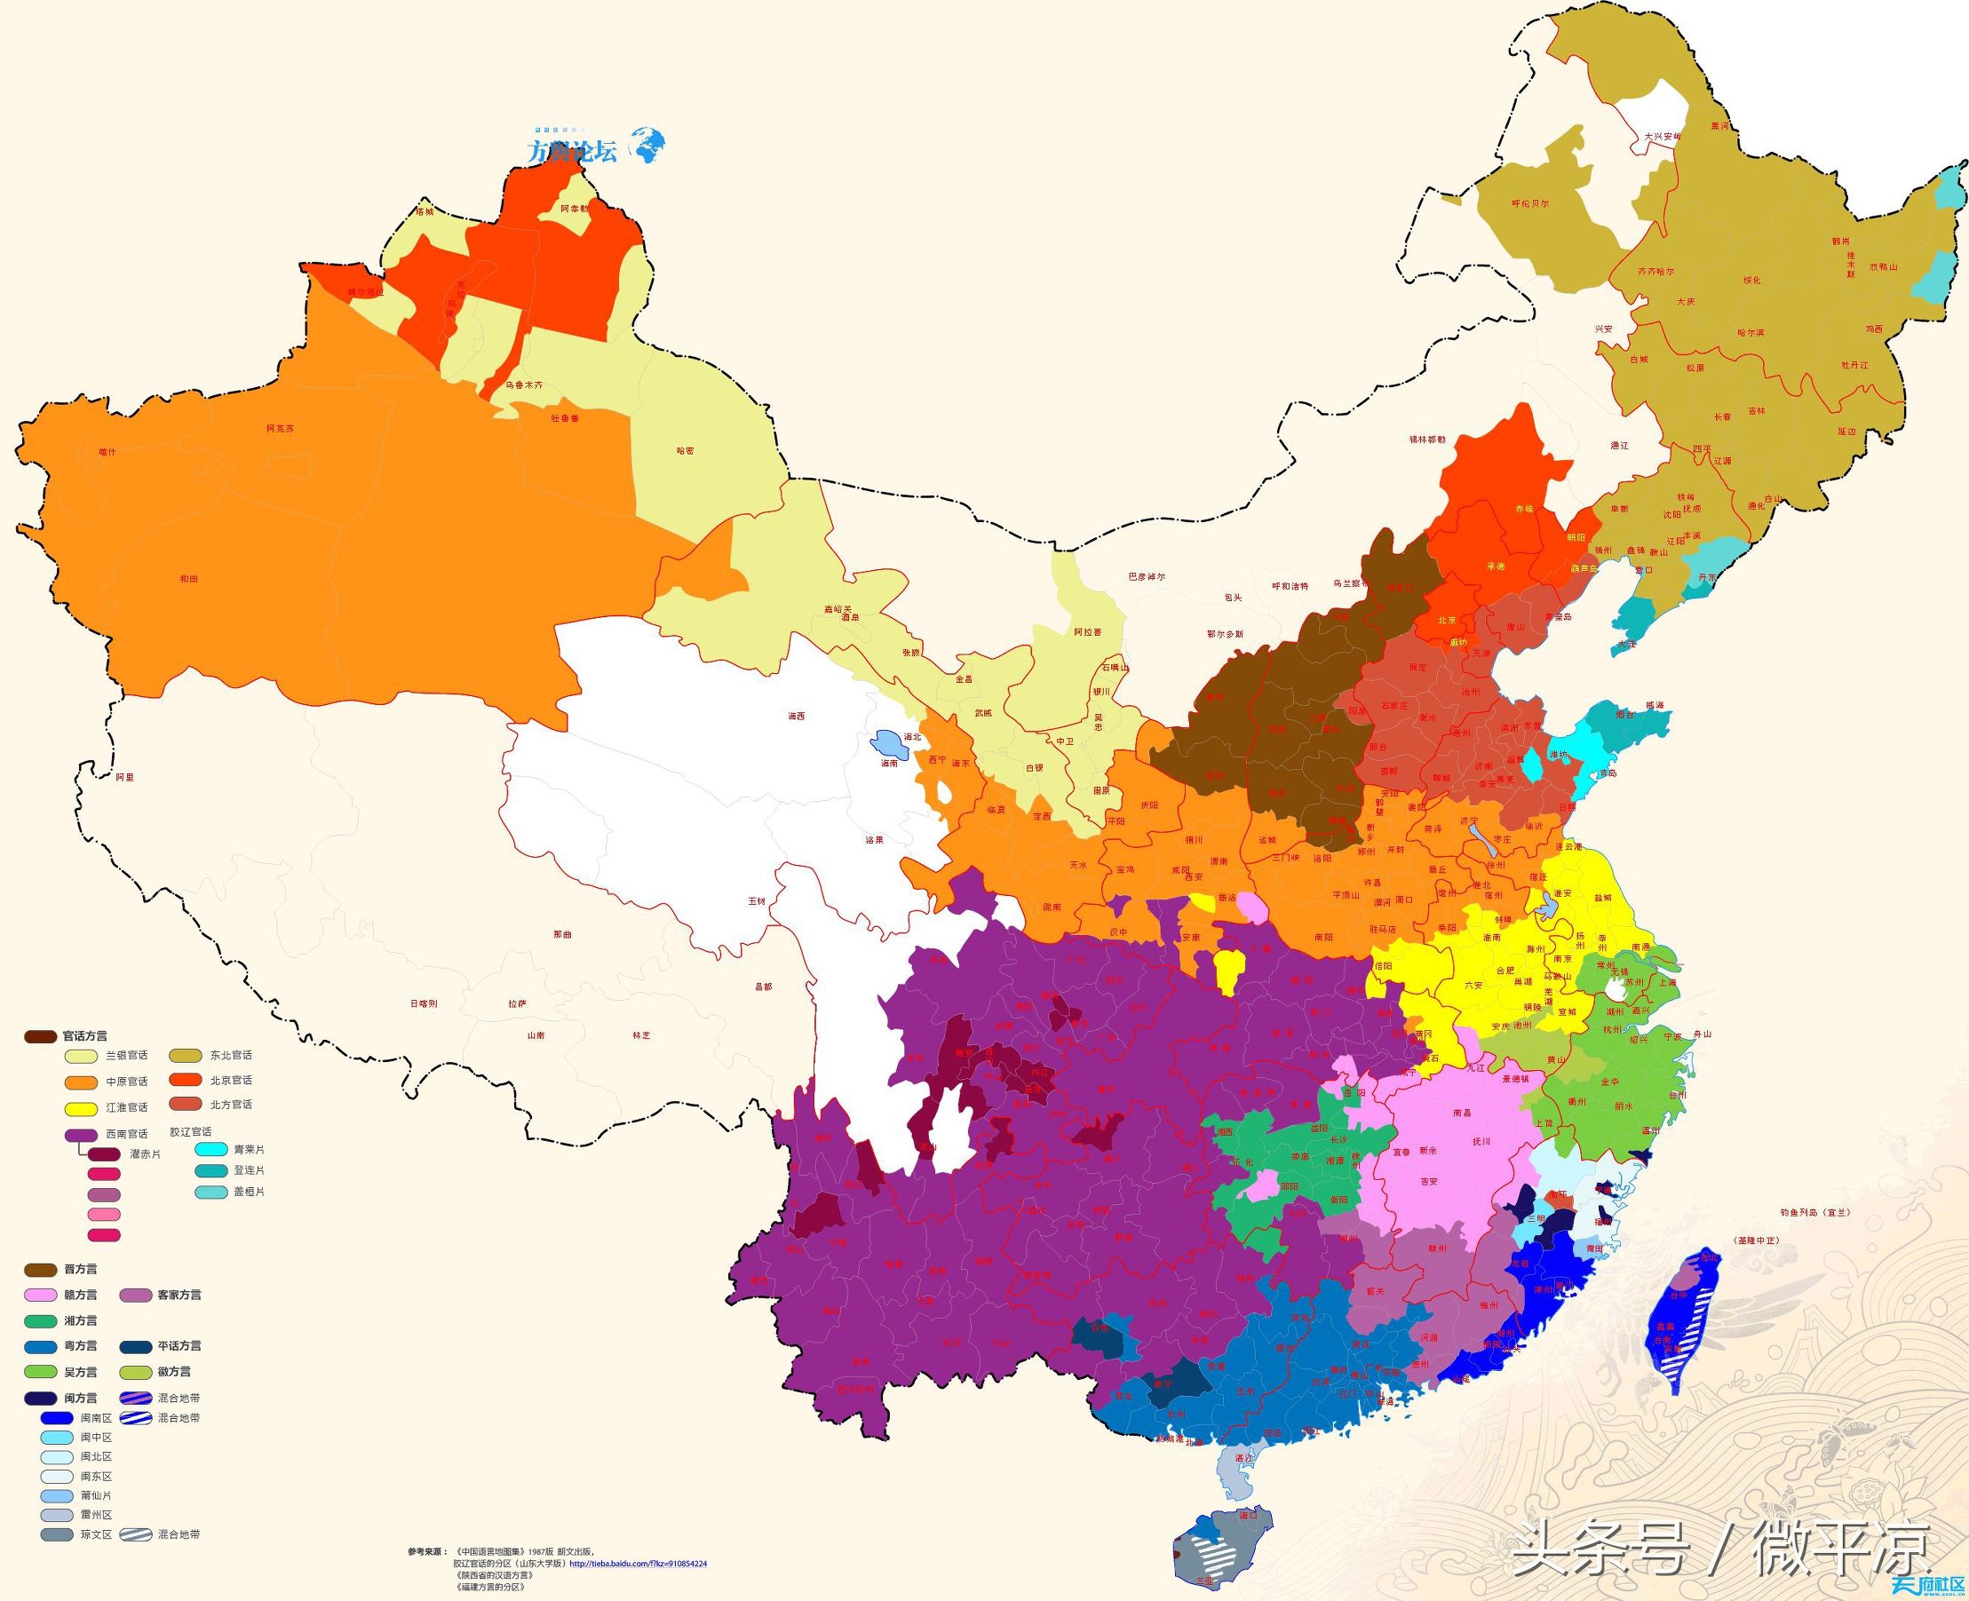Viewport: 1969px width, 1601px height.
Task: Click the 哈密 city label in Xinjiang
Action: pyautogui.click(x=684, y=451)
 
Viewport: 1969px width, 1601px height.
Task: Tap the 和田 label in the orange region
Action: pyautogui.click(x=189, y=578)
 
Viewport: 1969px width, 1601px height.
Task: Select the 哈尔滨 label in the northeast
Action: pyautogui.click(x=1750, y=332)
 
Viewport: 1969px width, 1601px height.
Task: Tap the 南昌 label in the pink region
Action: pyautogui.click(x=1461, y=1113)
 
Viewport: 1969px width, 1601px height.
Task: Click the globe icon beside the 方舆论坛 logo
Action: pyautogui.click(x=648, y=145)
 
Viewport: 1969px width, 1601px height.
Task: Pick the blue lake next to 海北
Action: pyautogui.click(x=885, y=742)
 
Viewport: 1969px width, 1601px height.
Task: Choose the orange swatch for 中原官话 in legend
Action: pyautogui.click(x=81, y=1082)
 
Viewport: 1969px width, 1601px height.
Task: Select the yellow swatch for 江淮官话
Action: pyautogui.click(x=81, y=1107)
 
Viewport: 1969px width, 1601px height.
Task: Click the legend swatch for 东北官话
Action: pyautogui.click(x=186, y=1055)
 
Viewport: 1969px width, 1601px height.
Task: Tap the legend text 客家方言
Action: pyautogui.click(x=178, y=1295)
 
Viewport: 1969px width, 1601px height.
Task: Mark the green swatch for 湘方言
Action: pyautogui.click(x=41, y=1320)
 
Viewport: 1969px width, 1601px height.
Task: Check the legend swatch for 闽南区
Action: pyautogui.click(x=57, y=1417)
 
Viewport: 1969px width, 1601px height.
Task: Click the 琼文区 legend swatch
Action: pyautogui.click(x=57, y=1534)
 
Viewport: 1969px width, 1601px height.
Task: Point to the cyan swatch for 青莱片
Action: pyautogui.click(x=212, y=1149)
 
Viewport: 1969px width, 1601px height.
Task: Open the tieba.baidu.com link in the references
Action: pyautogui.click(x=638, y=1564)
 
